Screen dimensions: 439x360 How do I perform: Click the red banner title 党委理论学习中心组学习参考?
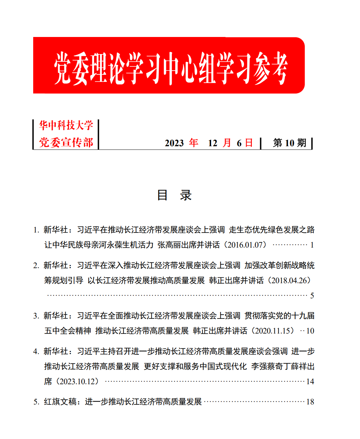(x=170, y=67)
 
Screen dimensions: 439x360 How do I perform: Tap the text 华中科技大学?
(x=66, y=126)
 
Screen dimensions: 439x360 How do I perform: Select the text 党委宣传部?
(x=66, y=142)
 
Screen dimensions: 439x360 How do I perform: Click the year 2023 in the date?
(x=174, y=143)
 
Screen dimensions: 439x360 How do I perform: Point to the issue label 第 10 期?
(x=290, y=143)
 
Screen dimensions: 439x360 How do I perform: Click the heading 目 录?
(x=174, y=195)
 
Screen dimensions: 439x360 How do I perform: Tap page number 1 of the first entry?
(x=312, y=245)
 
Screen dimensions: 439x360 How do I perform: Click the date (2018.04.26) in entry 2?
(x=290, y=280)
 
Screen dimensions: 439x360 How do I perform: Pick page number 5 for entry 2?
(x=312, y=296)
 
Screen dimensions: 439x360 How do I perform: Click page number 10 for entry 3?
(x=310, y=331)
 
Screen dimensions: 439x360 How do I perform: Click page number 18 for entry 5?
(x=310, y=402)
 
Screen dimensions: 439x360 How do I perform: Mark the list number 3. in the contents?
(x=36, y=316)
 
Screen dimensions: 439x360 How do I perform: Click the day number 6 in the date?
(x=239, y=143)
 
